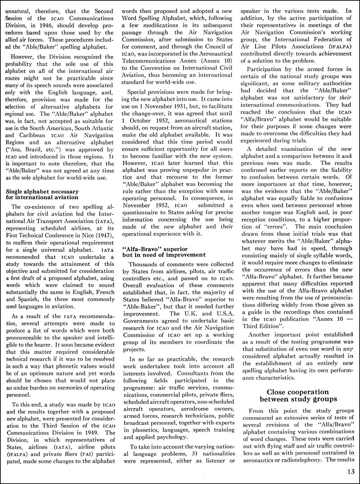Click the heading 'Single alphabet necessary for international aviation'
click(x=43, y=194)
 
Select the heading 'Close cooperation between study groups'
click(x=298, y=395)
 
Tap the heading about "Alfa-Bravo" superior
click(x=164, y=252)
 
